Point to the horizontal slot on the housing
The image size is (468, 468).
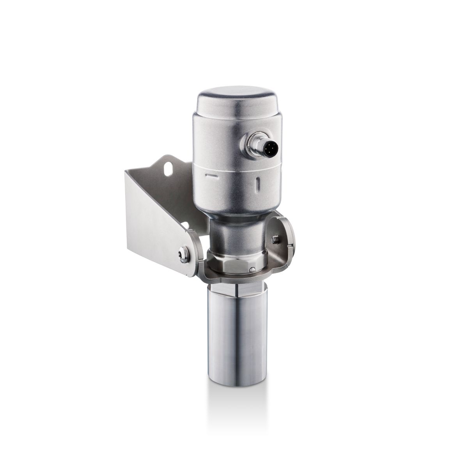211,176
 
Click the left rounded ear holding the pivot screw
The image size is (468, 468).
191,253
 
